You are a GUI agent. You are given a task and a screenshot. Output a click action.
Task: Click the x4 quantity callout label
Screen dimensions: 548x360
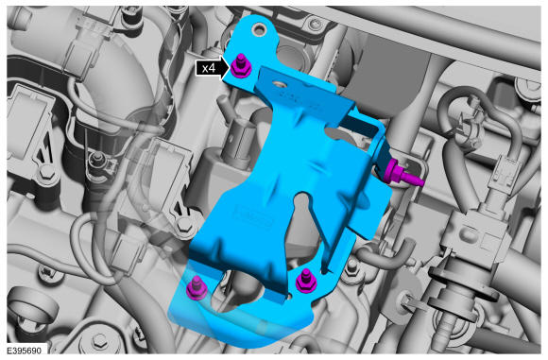209,69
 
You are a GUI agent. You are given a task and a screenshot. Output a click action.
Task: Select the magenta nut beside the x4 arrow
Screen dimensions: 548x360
240,67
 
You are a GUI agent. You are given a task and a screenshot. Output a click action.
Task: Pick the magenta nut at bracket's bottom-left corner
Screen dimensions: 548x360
197,288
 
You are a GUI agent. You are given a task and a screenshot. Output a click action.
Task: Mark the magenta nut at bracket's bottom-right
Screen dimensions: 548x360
306,281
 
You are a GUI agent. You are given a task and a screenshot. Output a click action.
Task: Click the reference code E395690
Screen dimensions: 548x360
24,351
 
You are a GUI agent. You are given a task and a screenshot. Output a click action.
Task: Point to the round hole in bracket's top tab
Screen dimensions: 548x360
260,29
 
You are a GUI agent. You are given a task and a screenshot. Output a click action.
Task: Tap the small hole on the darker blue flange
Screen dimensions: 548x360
280,83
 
